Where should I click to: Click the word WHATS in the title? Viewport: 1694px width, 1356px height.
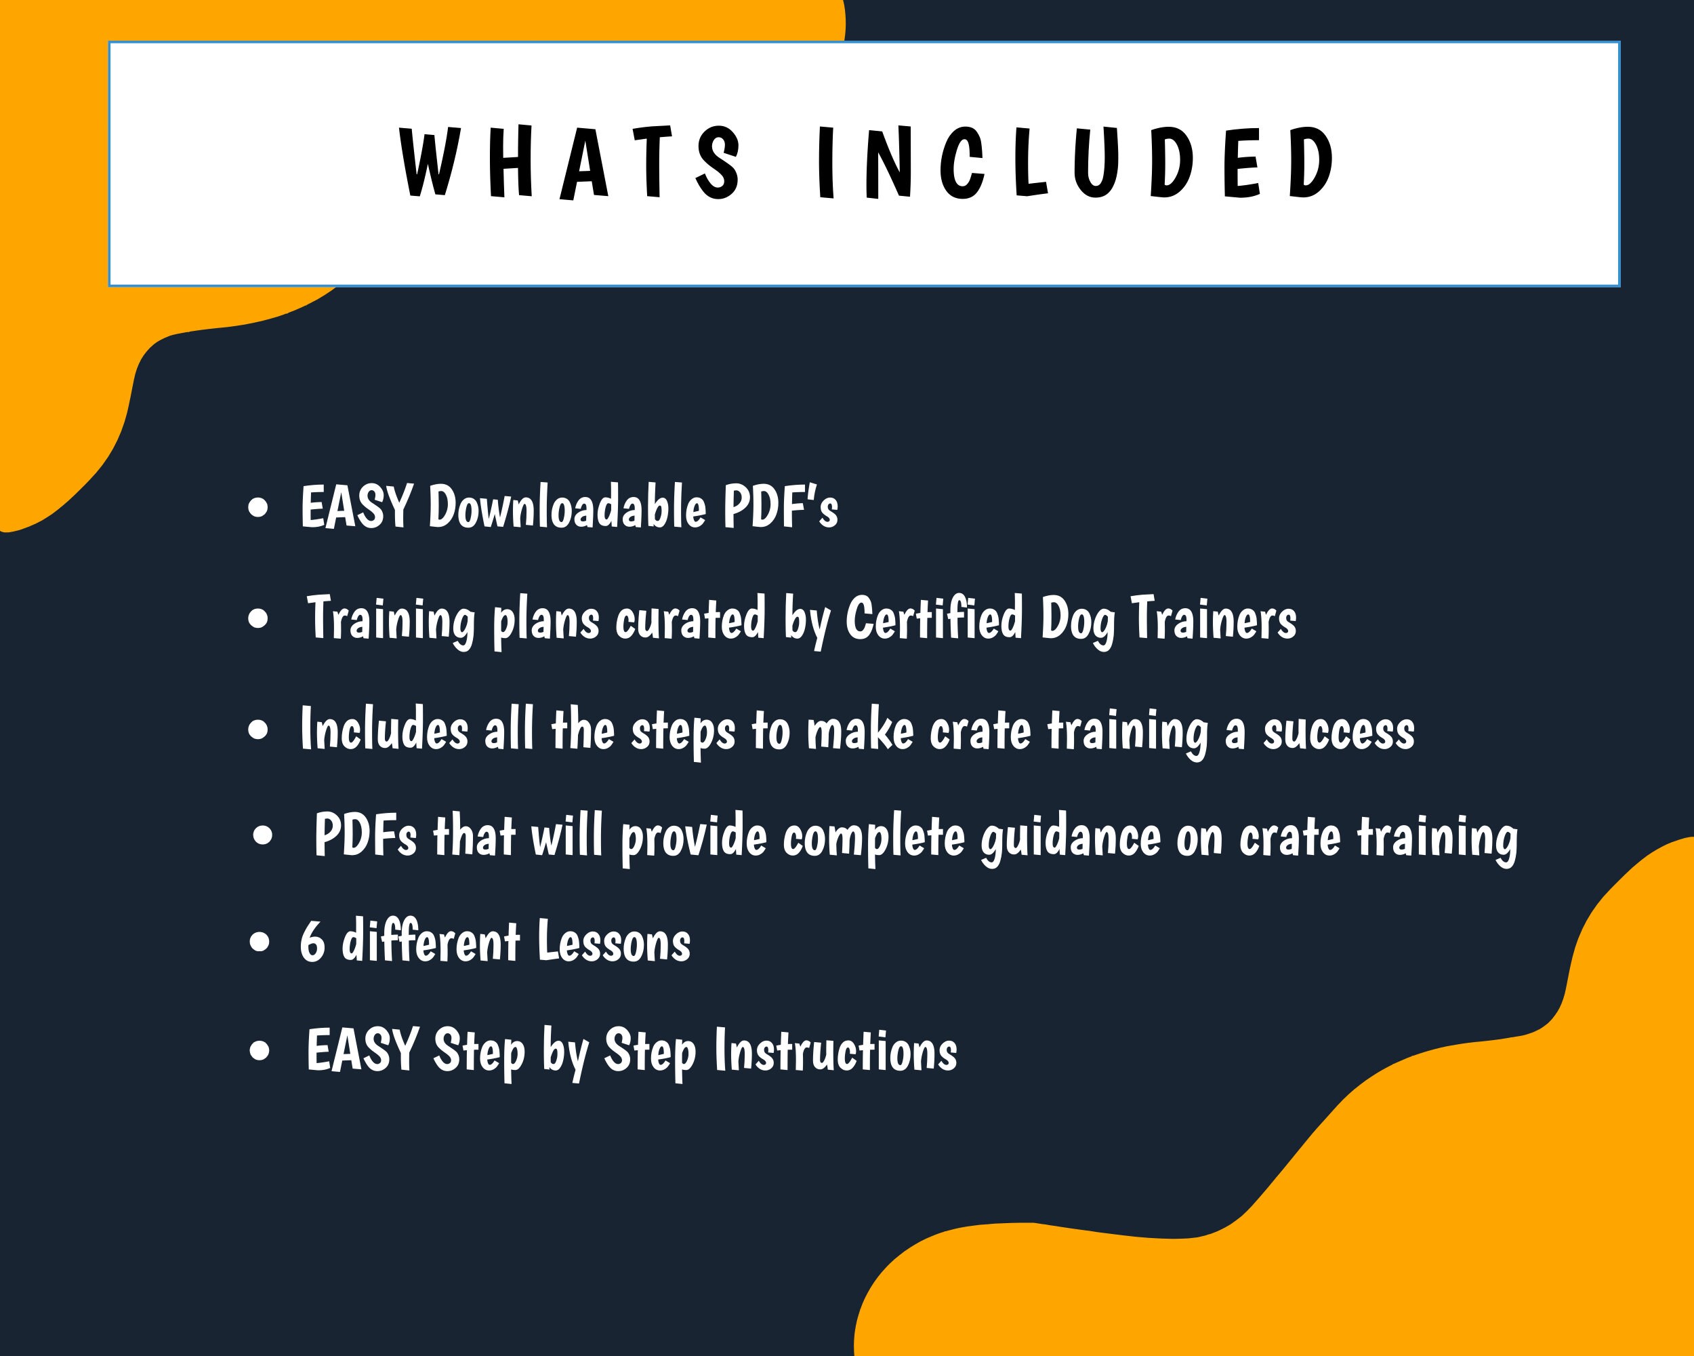pos(571,162)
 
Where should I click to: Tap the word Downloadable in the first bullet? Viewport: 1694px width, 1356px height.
pos(567,507)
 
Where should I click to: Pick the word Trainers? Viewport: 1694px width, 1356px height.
pos(1214,620)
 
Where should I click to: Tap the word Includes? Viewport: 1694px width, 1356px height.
pos(385,730)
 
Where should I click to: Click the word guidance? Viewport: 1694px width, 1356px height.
pos(1071,839)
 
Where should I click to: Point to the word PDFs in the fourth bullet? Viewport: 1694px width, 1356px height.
pos(365,835)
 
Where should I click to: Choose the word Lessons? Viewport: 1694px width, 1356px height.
pos(615,941)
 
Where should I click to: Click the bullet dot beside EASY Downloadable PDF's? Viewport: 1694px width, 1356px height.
pos(257,509)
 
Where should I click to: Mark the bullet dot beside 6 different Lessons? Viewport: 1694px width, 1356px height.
pos(258,942)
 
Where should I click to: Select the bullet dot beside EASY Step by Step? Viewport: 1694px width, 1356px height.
pos(258,1052)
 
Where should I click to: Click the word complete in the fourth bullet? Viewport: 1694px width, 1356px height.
pos(873,839)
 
